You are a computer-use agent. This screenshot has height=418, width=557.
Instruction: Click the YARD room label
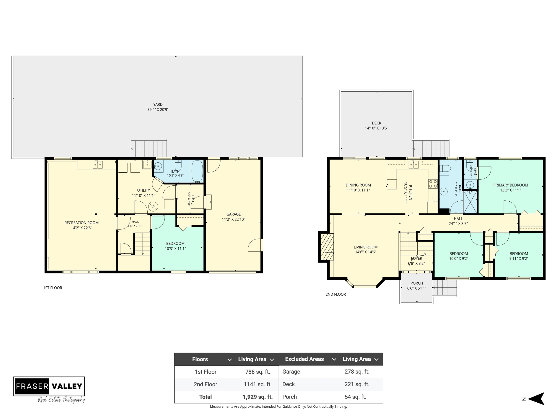(158, 104)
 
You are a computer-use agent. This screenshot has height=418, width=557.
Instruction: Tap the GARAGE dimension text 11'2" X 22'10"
(233, 219)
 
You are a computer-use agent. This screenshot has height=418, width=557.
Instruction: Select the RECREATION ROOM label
(82, 223)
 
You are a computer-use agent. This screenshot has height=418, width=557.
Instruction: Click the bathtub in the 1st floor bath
(197, 171)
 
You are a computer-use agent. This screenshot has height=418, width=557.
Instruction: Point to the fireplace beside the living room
(327, 247)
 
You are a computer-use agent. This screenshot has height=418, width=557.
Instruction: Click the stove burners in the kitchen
(433, 184)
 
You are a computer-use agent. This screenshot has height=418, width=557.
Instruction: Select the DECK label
(377, 123)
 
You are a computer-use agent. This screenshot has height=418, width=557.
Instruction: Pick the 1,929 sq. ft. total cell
(258, 397)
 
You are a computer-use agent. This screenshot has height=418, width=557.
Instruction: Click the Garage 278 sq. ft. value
(357, 372)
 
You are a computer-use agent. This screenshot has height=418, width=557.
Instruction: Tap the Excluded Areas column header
(304, 359)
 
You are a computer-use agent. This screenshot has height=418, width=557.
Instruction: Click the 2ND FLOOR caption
(336, 294)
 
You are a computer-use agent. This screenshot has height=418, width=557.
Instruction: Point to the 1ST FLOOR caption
(53, 288)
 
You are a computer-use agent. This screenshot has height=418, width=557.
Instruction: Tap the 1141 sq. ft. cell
(258, 384)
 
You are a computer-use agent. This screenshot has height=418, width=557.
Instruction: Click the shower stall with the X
(470, 202)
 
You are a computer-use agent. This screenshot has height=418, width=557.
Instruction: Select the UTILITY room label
(144, 190)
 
